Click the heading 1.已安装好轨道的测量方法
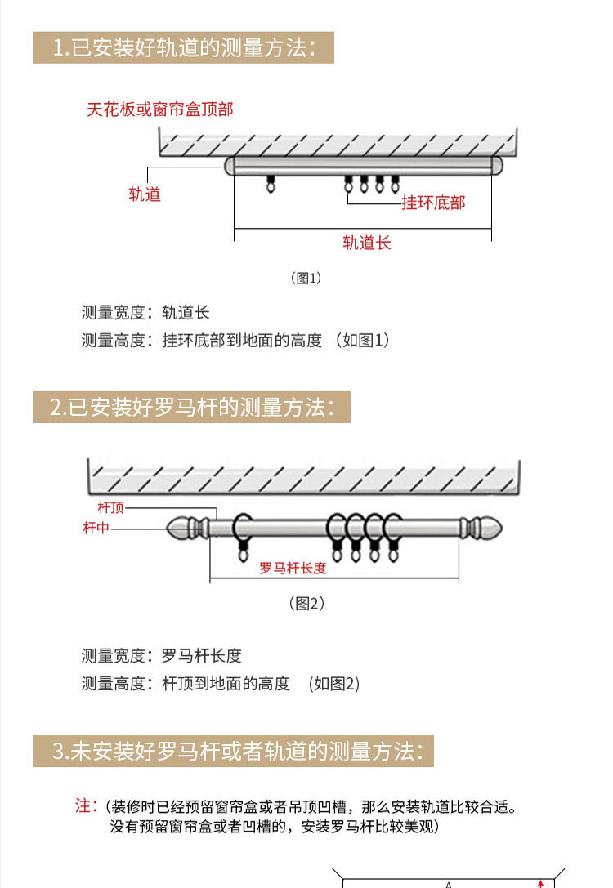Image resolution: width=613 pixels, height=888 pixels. coord(183,48)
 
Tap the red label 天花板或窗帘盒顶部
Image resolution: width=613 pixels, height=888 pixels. coord(160,109)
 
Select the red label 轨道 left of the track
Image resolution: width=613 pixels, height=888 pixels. coord(145,194)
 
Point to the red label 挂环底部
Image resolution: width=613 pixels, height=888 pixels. coord(432,203)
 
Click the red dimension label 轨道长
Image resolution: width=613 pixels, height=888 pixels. coord(366,243)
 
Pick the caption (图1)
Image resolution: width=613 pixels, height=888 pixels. coord(306,278)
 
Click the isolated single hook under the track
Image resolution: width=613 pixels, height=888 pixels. coord(270,185)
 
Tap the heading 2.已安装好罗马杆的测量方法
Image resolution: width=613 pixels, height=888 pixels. coord(191,408)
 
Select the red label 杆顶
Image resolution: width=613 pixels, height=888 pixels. coord(111,508)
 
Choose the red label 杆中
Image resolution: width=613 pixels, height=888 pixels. coord(96,528)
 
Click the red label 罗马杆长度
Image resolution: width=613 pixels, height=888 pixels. coord(293,568)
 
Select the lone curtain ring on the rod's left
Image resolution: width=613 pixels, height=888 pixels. coord(244,531)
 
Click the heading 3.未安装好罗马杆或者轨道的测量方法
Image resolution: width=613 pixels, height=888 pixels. coord(233,751)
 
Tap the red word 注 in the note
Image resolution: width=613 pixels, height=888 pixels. coord(85,805)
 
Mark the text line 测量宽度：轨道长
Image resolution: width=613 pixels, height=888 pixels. coord(145,313)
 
